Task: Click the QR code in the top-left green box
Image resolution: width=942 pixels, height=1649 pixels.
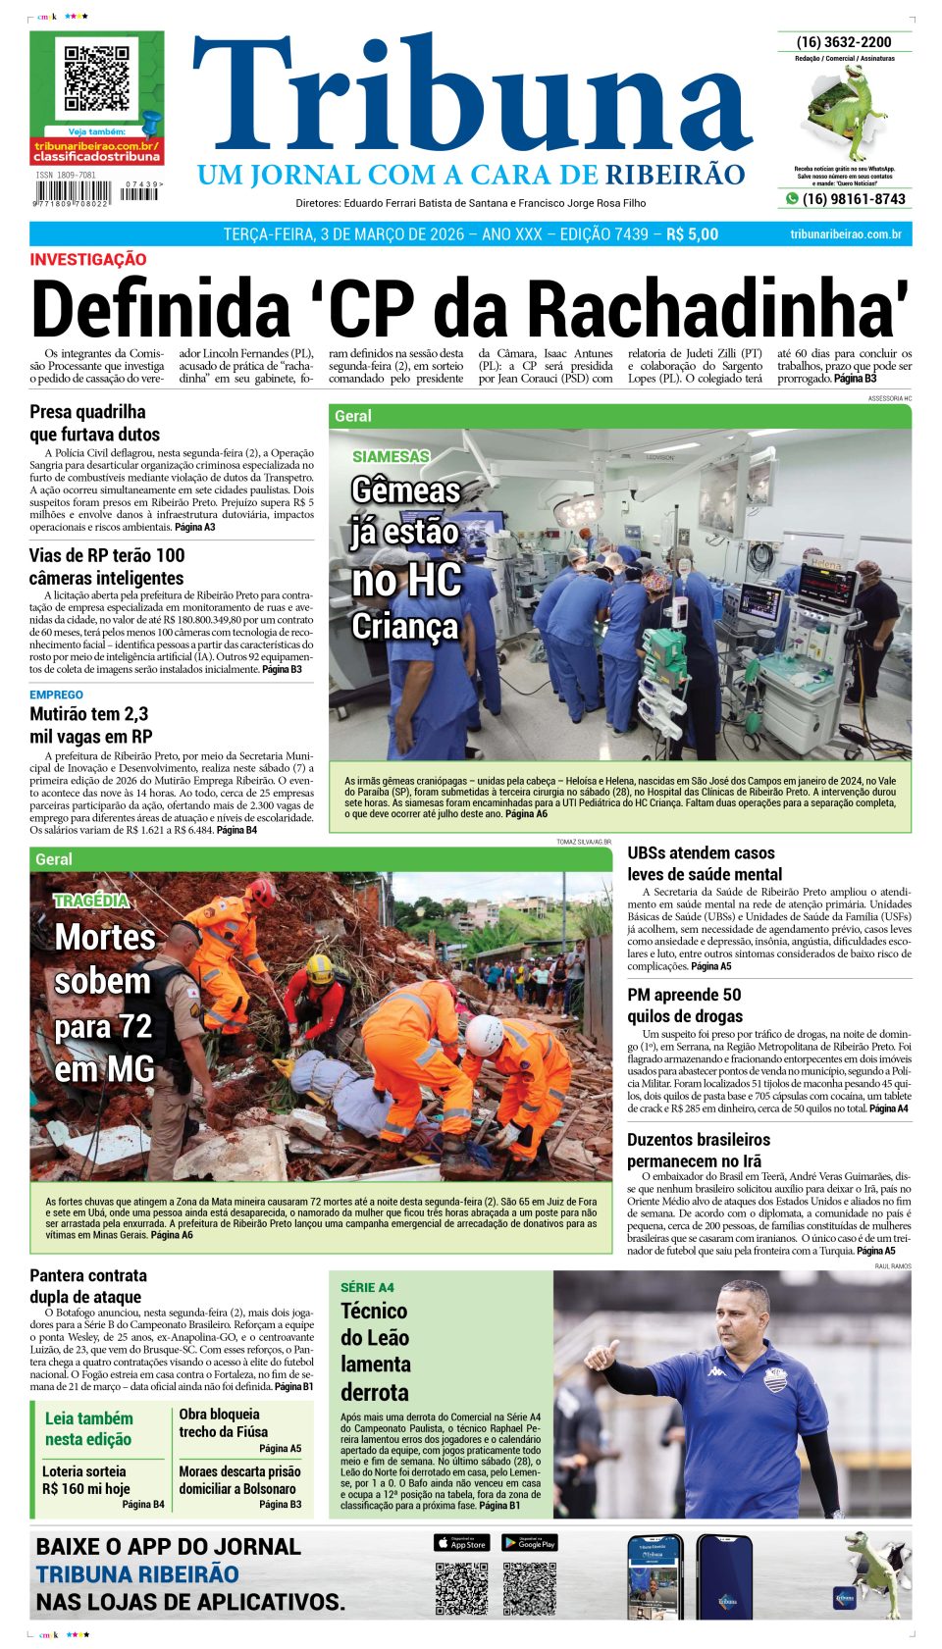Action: (x=96, y=77)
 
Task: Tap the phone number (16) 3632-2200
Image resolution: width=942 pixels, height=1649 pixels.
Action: (x=844, y=42)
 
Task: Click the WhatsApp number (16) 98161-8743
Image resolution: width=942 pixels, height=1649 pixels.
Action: (x=854, y=199)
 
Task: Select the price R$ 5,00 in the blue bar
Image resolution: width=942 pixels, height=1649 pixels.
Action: (x=692, y=234)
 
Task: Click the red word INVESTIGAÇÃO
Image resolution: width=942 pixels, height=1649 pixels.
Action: (x=88, y=260)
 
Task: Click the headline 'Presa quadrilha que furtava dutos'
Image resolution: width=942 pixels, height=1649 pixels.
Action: (x=94, y=423)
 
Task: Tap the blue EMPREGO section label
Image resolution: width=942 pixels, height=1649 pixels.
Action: (x=56, y=695)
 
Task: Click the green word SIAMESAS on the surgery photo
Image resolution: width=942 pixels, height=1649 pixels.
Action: (x=391, y=456)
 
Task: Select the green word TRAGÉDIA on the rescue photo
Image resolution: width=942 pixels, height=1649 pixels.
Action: (x=91, y=901)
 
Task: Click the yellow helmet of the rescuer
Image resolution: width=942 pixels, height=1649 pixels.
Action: (x=320, y=968)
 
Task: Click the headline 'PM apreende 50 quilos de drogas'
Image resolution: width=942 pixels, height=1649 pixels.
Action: (x=685, y=1005)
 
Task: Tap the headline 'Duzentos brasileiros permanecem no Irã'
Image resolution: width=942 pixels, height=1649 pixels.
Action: (x=699, y=1151)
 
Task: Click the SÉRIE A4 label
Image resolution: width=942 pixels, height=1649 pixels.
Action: (x=367, y=1287)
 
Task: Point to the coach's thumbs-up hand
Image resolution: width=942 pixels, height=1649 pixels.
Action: (x=599, y=1355)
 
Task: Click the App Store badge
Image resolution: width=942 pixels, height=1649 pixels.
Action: (x=461, y=1543)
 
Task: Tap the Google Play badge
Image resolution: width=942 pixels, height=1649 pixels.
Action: (x=530, y=1543)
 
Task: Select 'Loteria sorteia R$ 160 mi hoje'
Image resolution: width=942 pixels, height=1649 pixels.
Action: (x=85, y=1479)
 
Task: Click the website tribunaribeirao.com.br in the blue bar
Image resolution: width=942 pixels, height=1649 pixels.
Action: (x=845, y=234)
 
